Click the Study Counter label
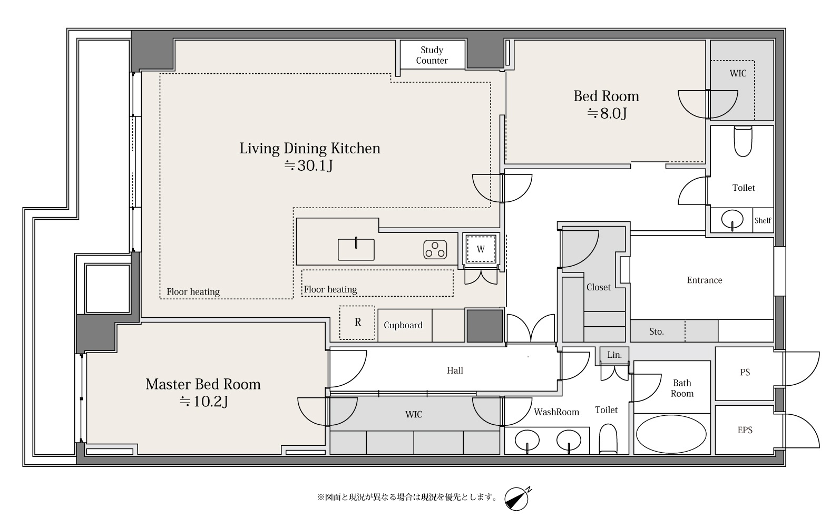(432, 55)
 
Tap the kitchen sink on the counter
(356, 249)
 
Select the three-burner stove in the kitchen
(435, 250)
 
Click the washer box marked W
(481, 249)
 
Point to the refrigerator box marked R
(357, 323)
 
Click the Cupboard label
(403, 325)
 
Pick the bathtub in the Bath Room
(671, 434)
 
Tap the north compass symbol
(517, 499)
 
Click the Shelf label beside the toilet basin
(763, 221)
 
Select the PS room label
(745, 373)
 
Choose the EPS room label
(745, 430)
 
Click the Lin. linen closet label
(614, 355)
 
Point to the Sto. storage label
(656, 331)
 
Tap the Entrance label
(704, 280)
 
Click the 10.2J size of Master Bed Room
(204, 402)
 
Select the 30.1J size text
(309, 165)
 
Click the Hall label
(455, 370)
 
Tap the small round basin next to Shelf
(732, 219)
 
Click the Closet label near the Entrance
(599, 287)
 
